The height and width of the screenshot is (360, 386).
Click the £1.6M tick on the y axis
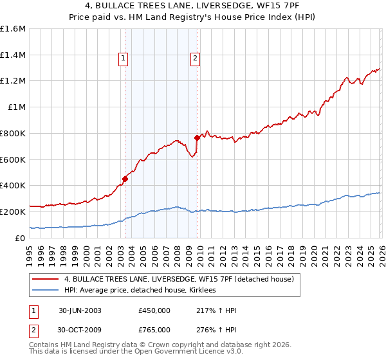13,29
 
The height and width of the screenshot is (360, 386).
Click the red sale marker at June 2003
125,179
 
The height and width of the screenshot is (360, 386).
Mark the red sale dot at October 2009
197,138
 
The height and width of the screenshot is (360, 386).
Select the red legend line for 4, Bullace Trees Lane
46,279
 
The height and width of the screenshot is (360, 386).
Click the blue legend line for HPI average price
46,291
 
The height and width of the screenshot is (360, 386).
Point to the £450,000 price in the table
154,310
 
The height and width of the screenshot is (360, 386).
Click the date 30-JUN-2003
80,310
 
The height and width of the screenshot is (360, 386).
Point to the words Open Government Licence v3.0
187,352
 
